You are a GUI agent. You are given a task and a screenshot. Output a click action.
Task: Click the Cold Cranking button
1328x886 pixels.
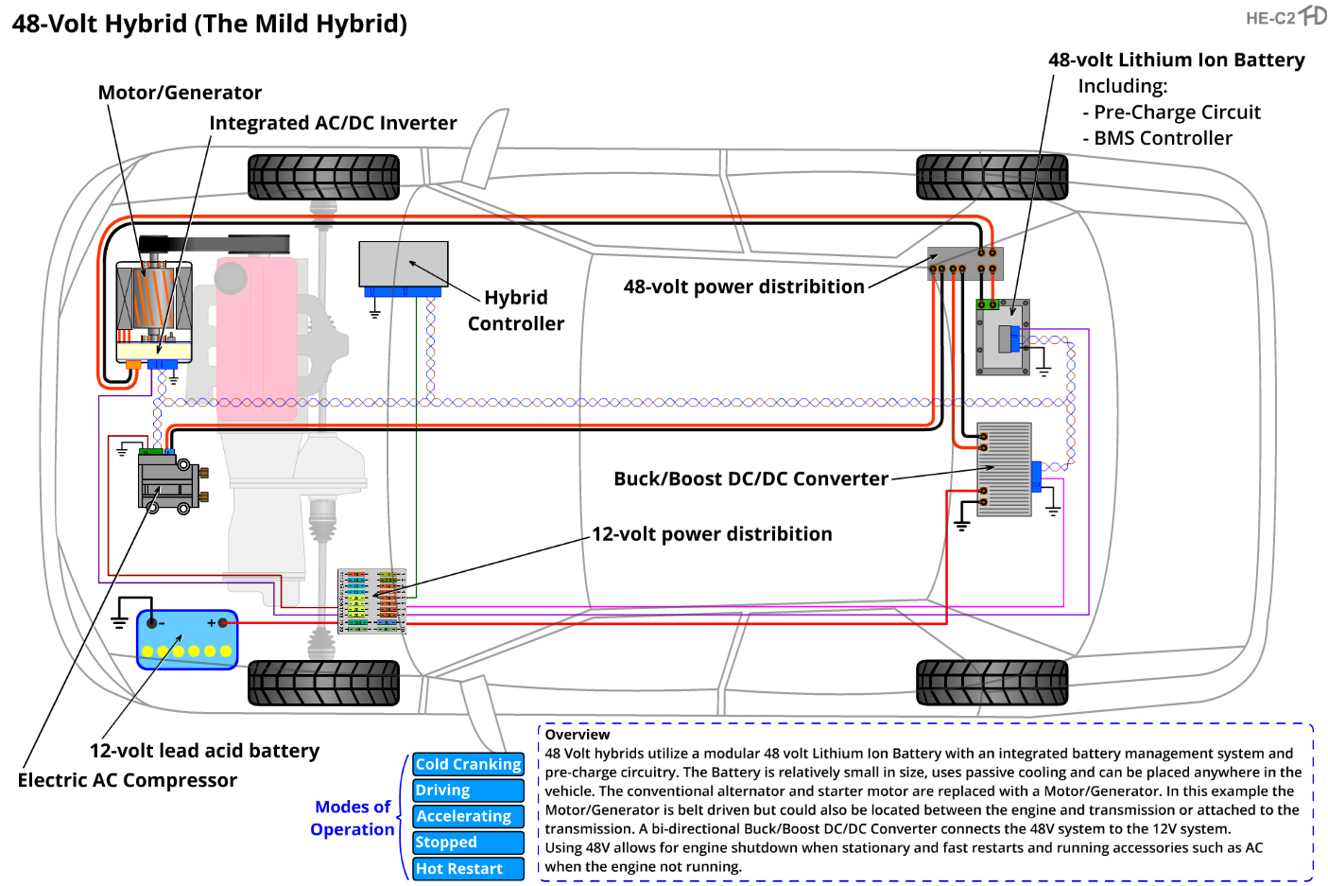click(x=468, y=764)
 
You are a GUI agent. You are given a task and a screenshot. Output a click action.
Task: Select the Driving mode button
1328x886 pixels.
click(x=468, y=790)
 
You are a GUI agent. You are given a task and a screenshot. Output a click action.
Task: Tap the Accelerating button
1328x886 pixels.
click(x=468, y=816)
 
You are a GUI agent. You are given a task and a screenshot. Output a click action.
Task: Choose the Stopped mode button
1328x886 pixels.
click(x=468, y=843)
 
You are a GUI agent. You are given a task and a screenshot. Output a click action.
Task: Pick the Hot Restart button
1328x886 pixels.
click(x=468, y=869)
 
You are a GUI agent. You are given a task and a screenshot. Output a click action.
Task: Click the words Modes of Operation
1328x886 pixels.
click(x=353, y=818)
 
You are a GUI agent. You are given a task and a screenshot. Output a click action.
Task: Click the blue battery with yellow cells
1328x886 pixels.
click(x=187, y=640)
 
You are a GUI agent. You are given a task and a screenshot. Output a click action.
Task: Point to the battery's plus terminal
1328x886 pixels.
click(x=222, y=622)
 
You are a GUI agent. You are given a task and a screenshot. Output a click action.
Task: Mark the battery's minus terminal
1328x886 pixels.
click(x=151, y=622)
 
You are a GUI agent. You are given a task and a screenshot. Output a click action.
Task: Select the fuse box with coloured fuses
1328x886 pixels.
click(x=372, y=600)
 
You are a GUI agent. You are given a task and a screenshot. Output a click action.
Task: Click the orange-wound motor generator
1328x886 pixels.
click(x=154, y=297)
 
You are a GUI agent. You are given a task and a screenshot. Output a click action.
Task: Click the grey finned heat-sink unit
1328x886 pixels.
click(x=1004, y=469)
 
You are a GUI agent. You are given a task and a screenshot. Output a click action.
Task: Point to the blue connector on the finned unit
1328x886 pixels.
click(x=1036, y=476)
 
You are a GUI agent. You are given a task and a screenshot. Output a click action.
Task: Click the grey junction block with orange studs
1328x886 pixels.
click(x=963, y=262)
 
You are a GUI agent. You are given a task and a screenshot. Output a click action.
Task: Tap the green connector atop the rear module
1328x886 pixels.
click(x=987, y=304)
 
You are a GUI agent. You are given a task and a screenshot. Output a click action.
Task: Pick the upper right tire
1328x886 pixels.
click(x=992, y=177)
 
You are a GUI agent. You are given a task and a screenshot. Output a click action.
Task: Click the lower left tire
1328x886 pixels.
click(x=324, y=682)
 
